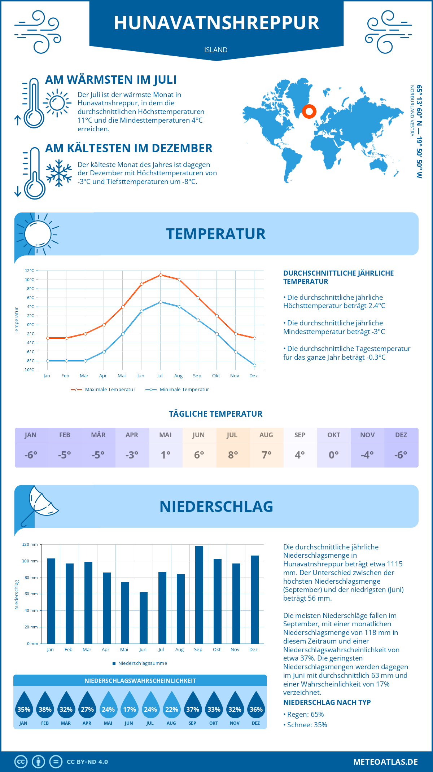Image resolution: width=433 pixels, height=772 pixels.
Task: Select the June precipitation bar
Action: point(144,618)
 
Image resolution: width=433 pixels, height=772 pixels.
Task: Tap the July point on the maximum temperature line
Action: point(161,275)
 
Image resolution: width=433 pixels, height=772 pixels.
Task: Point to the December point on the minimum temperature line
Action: point(254,365)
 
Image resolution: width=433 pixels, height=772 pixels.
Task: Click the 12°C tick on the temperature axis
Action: point(30,271)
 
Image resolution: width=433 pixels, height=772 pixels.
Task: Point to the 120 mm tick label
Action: point(30,544)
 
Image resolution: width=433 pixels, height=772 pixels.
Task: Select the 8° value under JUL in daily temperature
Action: point(233,455)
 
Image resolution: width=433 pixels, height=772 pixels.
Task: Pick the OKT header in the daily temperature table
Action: point(334,435)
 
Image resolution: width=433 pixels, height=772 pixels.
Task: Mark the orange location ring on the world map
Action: point(309,111)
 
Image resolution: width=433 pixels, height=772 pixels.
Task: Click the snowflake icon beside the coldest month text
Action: point(59,173)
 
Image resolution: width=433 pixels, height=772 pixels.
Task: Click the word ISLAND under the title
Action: point(216,50)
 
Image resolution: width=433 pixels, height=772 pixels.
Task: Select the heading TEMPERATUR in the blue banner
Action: point(216,234)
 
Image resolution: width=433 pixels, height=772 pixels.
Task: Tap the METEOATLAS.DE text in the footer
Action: point(385,762)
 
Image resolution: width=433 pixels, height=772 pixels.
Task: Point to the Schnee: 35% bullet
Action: point(307,725)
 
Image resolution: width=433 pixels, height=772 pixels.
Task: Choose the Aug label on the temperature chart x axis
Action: point(178,376)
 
